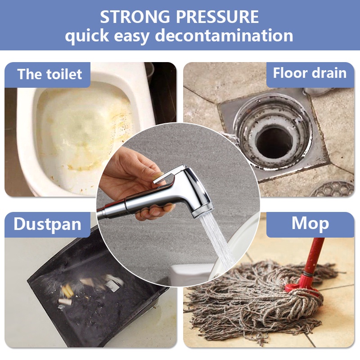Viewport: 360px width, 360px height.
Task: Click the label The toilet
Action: pyautogui.click(x=49, y=74)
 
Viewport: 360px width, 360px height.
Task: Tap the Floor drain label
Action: pyautogui.click(x=310, y=73)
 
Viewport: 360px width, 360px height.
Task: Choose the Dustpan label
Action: pyautogui.click(x=47, y=224)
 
